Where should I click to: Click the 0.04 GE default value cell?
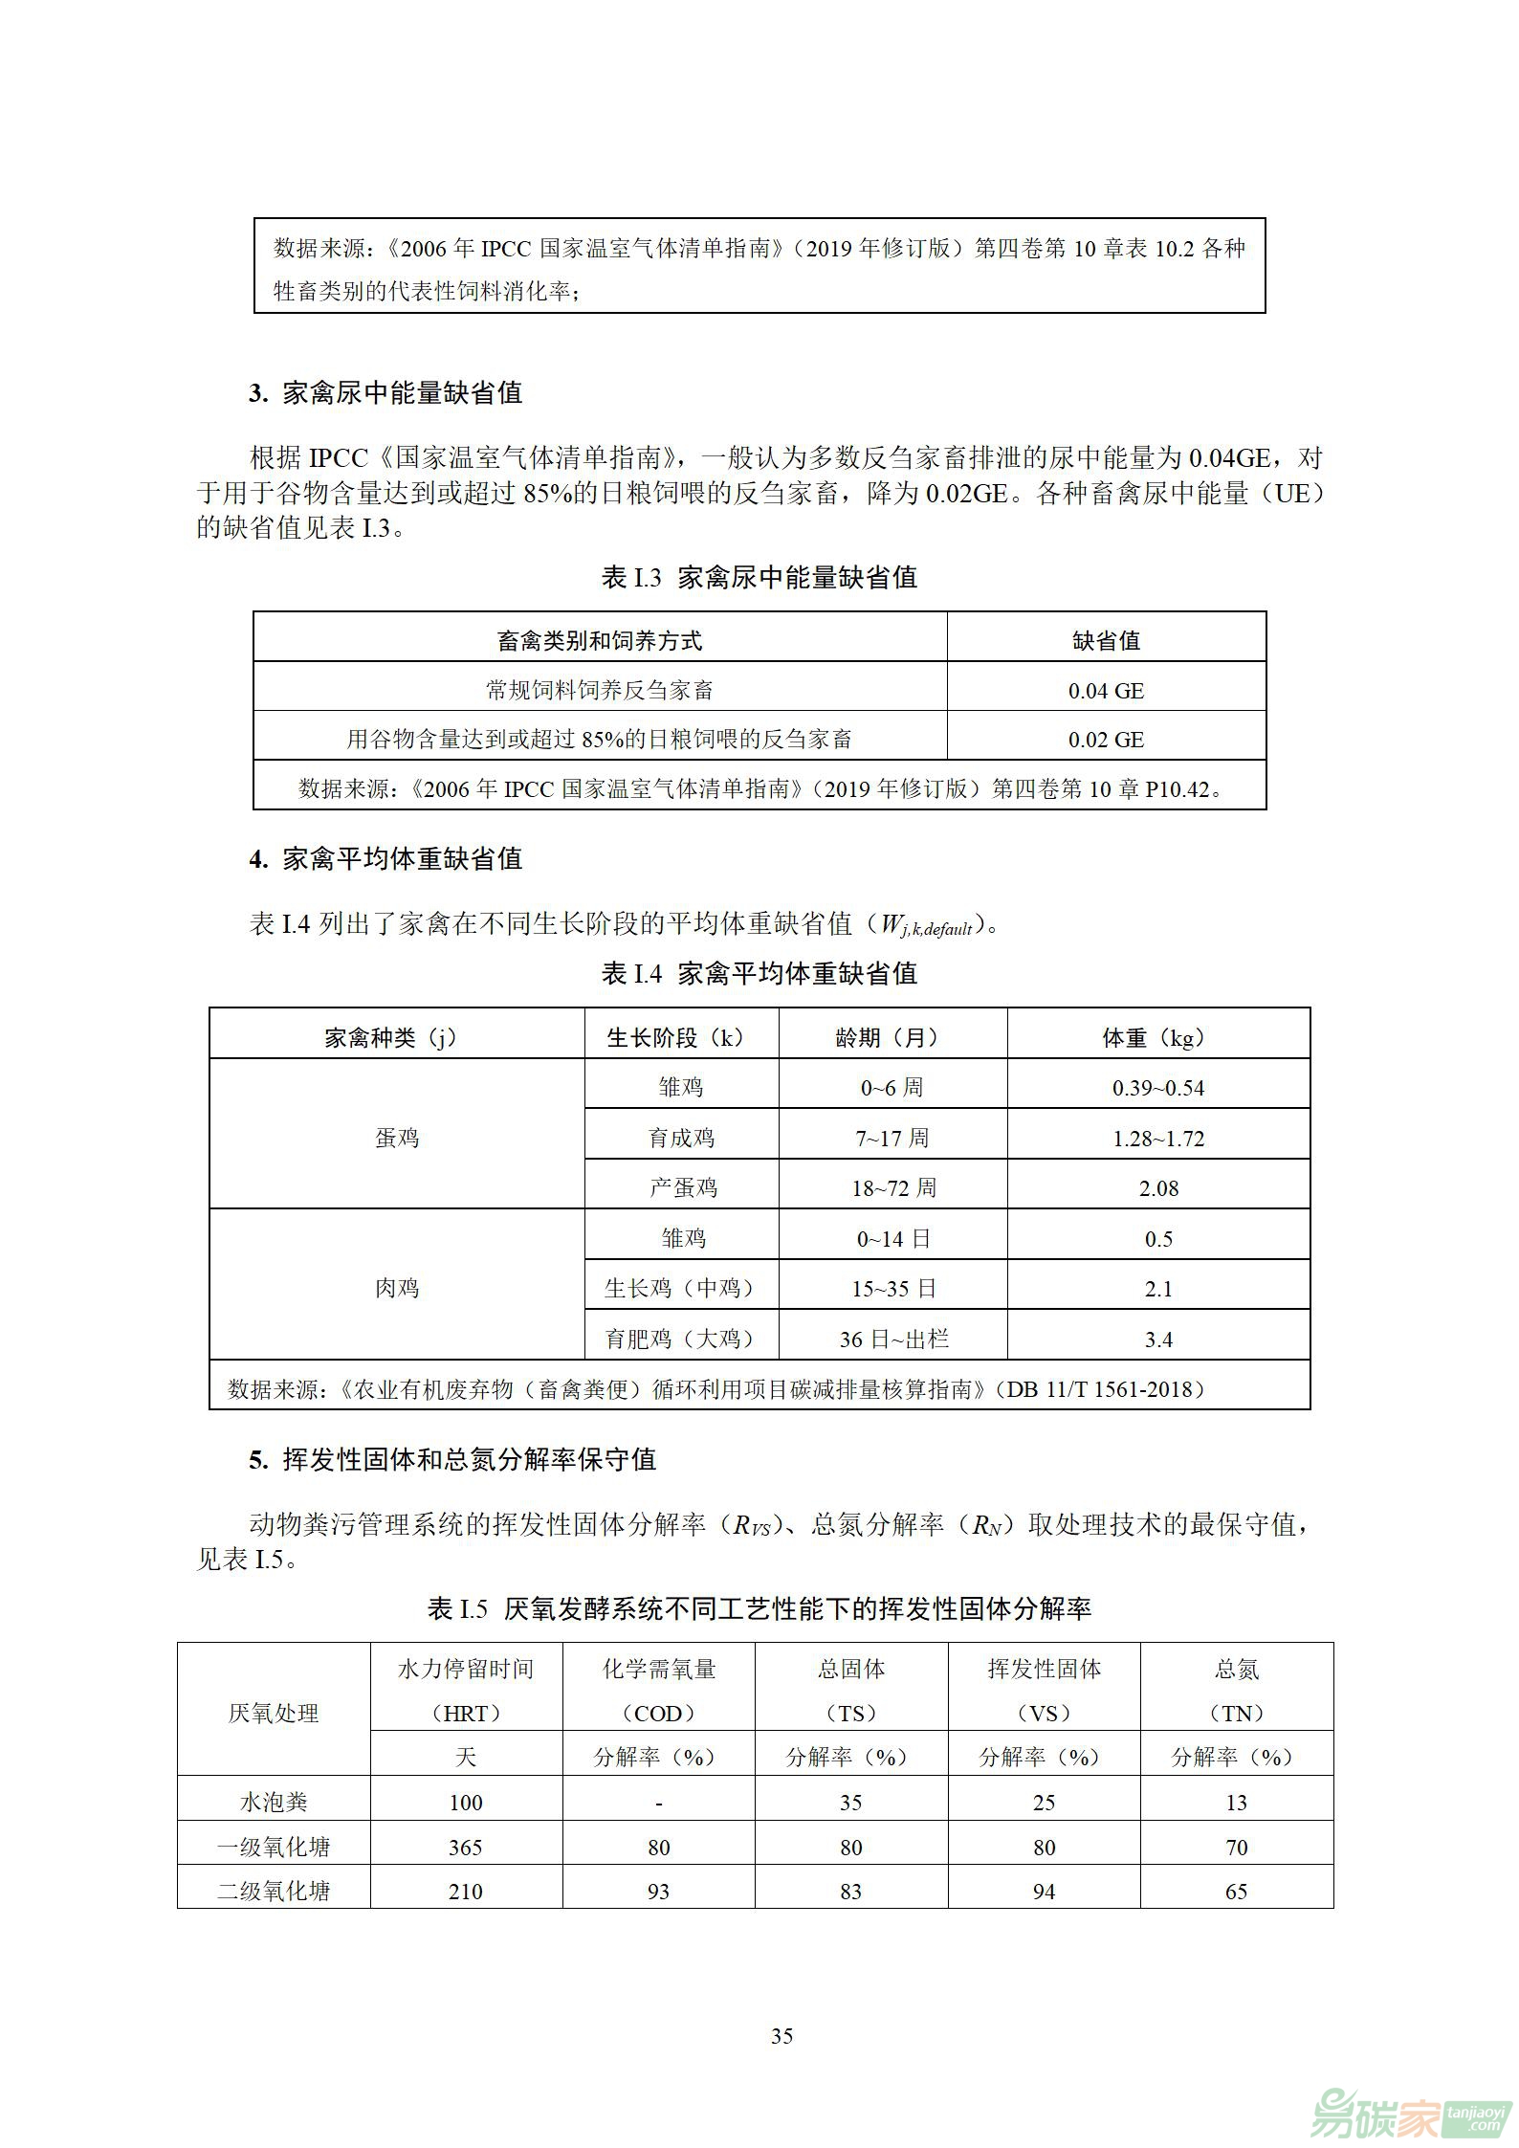point(1106,691)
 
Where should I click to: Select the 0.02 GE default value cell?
point(1106,740)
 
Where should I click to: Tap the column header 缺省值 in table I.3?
point(1106,641)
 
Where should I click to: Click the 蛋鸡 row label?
point(397,1138)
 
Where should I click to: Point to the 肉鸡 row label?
point(397,1288)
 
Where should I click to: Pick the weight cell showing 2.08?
point(1158,1188)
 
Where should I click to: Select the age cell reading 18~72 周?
point(893,1188)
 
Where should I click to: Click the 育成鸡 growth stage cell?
point(681,1139)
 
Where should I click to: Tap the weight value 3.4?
point(1158,1340)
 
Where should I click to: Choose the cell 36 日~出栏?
point(893,1340)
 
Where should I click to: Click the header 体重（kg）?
point(1158,1038)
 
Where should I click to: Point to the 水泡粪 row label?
point(274,1803)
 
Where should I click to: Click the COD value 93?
point(659,1892)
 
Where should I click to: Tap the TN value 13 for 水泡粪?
point(1237,1803)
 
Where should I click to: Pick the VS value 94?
point(1044,1892)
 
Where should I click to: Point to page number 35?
point(782,2036)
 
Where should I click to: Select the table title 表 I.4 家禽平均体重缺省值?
point(759,974)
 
